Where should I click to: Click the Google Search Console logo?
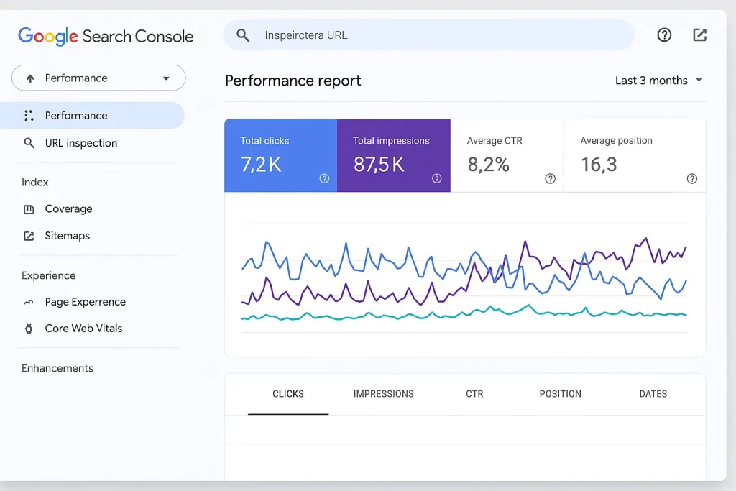coord(106,36)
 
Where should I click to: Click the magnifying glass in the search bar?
coord(243,35)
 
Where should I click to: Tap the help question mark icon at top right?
coord(664,35)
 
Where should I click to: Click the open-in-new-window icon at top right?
coord(699,35)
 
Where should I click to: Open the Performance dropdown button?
coord(98,78)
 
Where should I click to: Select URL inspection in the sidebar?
coord(80,143)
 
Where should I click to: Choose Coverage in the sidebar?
coord(68,209)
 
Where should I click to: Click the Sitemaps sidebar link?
coord(67,236)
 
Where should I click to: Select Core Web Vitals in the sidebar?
coord(83,329)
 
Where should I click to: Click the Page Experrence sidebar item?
coord(85,302)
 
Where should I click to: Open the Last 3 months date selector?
coord(658,81)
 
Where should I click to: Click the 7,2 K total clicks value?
coord(261,165)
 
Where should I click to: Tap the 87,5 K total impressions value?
coord(379,165)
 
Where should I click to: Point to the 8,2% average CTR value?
coord(488,165)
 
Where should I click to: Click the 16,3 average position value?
coord(599,165)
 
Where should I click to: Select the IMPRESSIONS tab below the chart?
coord(383,394)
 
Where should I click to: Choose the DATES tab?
coord(653,394)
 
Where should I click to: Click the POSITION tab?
coord(560,394)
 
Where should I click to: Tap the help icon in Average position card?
coord(691,179)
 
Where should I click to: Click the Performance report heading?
coord(293,81)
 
